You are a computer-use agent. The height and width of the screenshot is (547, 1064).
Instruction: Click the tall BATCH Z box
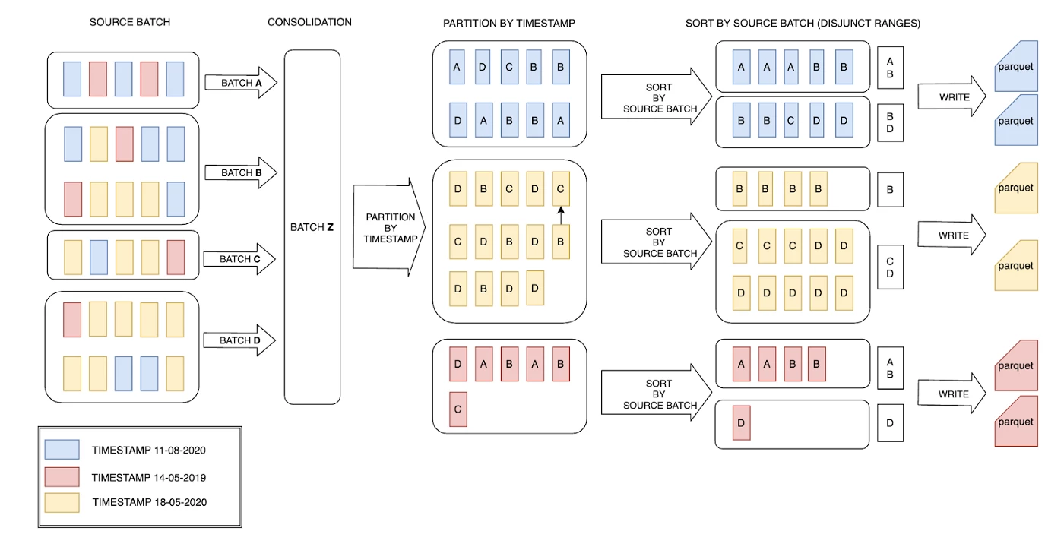pyautogui.click(x=312, y=226)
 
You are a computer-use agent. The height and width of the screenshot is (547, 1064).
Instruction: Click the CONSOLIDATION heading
pyautogui.click(x=309, y=22)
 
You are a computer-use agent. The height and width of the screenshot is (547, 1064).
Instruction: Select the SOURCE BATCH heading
pyautogui.click(x=130, y=22)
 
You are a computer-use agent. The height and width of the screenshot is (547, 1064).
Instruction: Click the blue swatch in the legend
pyautogui.click(x=62, y=450)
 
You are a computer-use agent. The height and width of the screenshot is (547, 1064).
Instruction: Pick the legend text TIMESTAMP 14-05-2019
pyautogui.click(x=149, y=478)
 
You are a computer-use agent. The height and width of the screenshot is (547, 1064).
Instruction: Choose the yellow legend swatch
pyautogui.click(x=62, y=502)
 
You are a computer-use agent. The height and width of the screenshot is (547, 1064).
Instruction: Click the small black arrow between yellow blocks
pyautogui.click(x=561, y=217)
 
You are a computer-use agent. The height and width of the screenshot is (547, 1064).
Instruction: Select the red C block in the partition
pyautogui.click(x=458, y=409)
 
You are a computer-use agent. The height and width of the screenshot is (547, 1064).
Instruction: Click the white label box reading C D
pyautogui.click(x=890, y=267)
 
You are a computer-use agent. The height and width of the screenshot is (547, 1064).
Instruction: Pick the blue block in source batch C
pyautogui.click(x=98, y=256)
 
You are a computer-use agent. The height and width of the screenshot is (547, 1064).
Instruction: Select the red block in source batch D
pyautogui.click(x=72, y=319)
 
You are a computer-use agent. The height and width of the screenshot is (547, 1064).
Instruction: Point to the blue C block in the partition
pyautogui.click(x=509, y=67)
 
